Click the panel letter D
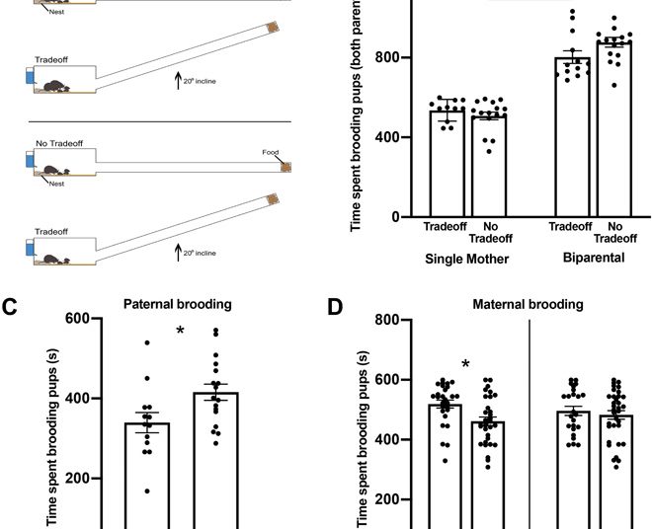(335, 307)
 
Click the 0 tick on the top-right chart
(393, 217)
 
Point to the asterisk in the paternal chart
(182, 331)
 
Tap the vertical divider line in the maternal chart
(530, 424)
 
